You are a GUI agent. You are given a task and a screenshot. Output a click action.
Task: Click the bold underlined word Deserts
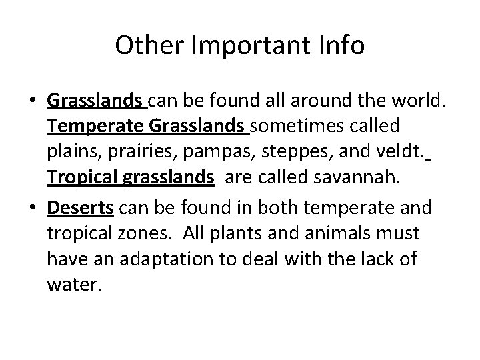pyautogui.click(x=80, y=207)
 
